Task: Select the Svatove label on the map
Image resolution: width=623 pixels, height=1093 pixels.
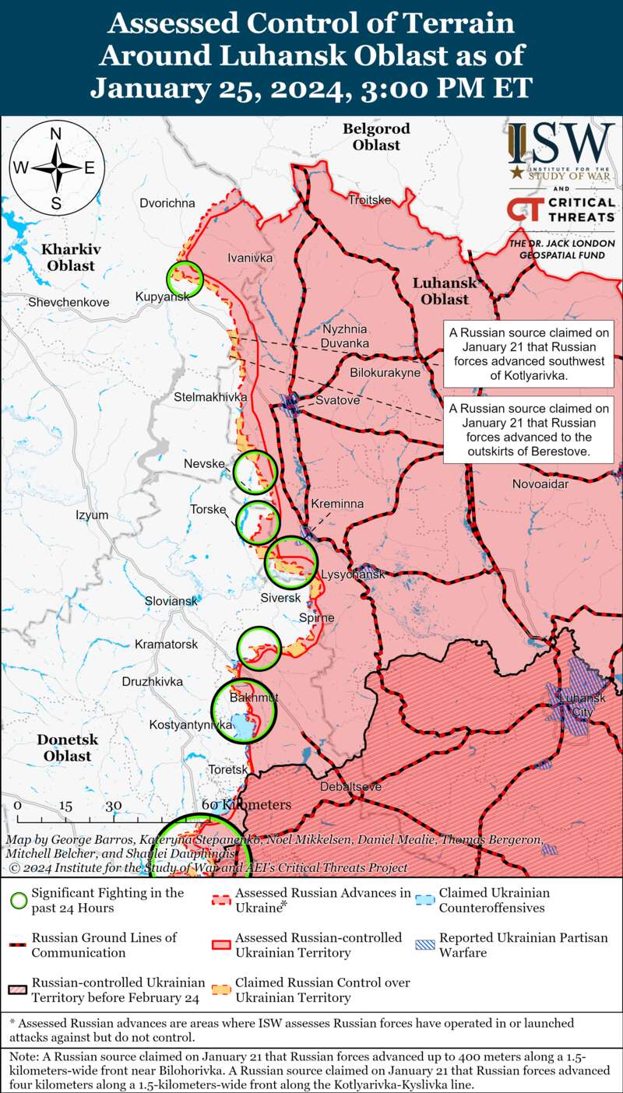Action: click(338, 400)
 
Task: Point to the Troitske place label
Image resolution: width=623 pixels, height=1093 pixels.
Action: click(369, 200)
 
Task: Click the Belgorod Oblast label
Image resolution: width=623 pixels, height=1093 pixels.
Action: click(376, 136)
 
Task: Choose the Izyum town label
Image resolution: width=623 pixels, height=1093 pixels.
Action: click(92, 515)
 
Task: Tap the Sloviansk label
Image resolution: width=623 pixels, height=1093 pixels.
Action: click(171, 601)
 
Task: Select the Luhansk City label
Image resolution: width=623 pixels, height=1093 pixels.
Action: click(576, 705)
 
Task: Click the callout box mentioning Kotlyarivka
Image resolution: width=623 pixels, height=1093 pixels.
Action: click(527, 353)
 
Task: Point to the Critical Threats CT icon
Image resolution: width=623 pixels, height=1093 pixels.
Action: click(524, 209)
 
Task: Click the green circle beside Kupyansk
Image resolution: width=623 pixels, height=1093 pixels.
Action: click(185, 279)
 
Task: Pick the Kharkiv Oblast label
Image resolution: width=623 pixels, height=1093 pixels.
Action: click(69, 258)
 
